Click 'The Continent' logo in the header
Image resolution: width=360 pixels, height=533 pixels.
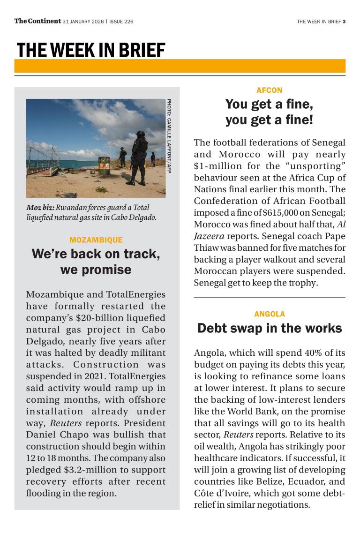click(x=37, y=21)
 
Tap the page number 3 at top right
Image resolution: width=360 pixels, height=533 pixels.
click(x=344, y=21)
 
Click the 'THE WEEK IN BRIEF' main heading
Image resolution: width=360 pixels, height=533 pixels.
click(x=91, y=50)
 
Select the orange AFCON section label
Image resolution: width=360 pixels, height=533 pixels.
click(x=269, y=90)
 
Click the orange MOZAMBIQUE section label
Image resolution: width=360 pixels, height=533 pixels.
click(x=96, y=240)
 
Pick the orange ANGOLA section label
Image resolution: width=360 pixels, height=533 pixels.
click(x=269, y=314)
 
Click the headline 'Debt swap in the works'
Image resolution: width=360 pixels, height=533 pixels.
click(x=269, y=328)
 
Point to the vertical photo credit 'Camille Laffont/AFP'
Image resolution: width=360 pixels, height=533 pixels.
click(x=169, y=136)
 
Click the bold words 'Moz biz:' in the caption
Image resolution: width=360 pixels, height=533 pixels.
click(x=40, y=207)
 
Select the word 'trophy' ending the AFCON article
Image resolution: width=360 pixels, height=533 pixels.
click(x=303, y=283)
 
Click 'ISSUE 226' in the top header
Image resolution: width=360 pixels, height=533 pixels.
click(x=121, y=21)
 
